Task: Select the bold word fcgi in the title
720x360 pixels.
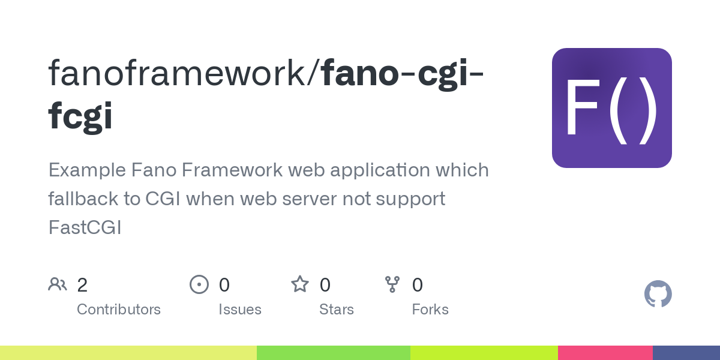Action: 80,115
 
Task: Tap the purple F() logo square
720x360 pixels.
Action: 611,108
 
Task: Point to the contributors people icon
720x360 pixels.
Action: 58,284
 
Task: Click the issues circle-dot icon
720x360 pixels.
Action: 199,284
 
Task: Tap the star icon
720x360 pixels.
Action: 299,284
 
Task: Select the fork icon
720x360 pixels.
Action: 392,284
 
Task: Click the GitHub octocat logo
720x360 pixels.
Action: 658,294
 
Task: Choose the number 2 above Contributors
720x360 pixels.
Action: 82,285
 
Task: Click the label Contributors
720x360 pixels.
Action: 119,310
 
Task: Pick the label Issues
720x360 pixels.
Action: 240,310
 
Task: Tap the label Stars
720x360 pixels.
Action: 337,310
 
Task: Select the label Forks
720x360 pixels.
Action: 430,310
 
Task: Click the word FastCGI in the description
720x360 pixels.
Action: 85,227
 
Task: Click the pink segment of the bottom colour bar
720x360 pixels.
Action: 605,353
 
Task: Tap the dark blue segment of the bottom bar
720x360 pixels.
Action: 686,353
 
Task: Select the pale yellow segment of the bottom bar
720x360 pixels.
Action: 128,353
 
